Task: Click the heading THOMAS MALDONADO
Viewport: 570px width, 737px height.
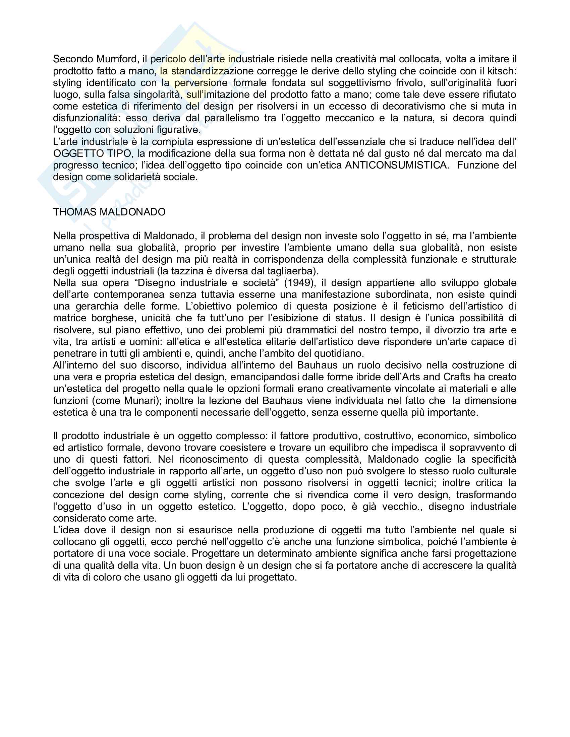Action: (x=109, y=212)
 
